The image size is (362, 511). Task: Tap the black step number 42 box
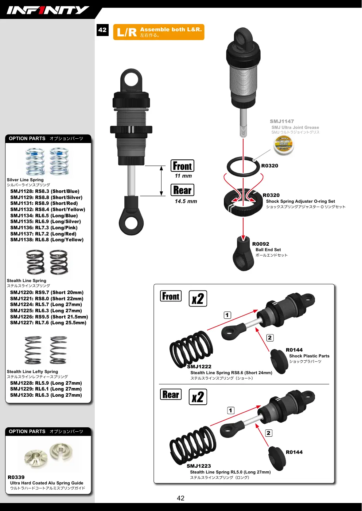point(102,30)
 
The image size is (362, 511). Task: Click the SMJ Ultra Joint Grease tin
point(283,145)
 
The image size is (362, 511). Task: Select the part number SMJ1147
point(282,121)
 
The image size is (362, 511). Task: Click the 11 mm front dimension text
point(183,176)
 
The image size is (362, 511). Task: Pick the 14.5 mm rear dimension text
point(186,201)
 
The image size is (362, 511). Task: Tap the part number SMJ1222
point(199,367)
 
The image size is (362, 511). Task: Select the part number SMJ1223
point(199,466)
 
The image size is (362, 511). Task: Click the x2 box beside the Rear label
point(198,397)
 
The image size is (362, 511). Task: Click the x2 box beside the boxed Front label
point(198,298)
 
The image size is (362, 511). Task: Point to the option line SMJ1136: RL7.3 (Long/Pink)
point(44,228)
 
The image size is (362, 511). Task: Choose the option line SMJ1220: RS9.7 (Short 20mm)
point(47,293)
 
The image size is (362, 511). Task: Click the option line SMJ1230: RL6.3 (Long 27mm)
point(46,395)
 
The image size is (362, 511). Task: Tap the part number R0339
point(16,477)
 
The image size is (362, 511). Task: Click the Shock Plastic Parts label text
point(309,356)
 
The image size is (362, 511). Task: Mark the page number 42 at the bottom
point(180,498)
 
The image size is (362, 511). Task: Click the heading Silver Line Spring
point(25,180)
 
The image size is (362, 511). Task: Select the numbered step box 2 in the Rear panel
point(269,433)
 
